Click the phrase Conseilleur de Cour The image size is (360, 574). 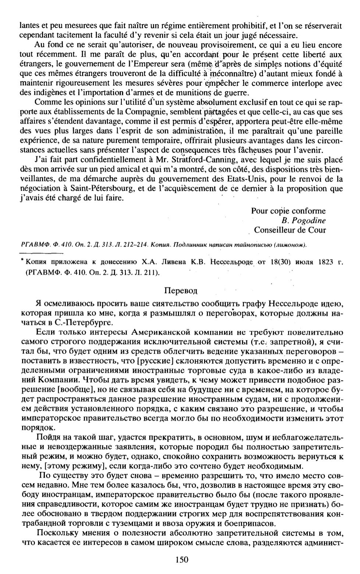click(290, 230)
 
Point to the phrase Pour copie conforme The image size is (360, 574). click(288, 211)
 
